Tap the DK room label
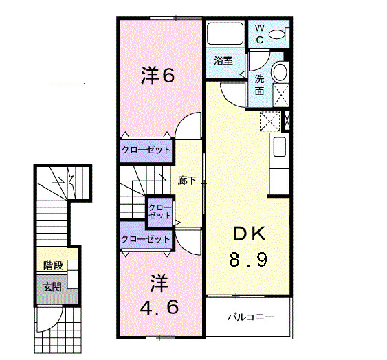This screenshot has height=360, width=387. pyautogui.click(x=247, y=234)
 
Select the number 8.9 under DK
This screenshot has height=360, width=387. pyautogui.click(x=247, y=260)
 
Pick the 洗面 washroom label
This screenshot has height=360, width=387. pyautogui.click(x=260, y=85)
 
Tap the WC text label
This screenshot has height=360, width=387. pyautogui.click(x=260, y=34)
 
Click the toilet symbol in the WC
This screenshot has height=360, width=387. pyautogui.click(x=279, y=34)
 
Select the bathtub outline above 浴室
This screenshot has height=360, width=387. pyautogui.click(x=223, y=34)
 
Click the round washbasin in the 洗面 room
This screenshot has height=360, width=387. pyautogui.click(x=280, y=71)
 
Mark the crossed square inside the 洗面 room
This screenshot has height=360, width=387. pyautogui.click(x=280, y=93)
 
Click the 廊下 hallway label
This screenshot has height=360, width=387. pyautogui.click(x=187, y=181)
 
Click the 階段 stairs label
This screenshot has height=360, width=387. pyautogui.click(x=53, y=265)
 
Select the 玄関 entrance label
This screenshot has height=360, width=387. pyautogui.click(x=52, y=286)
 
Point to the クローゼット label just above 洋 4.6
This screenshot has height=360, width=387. pyautogui.click(x=145, y=239)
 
